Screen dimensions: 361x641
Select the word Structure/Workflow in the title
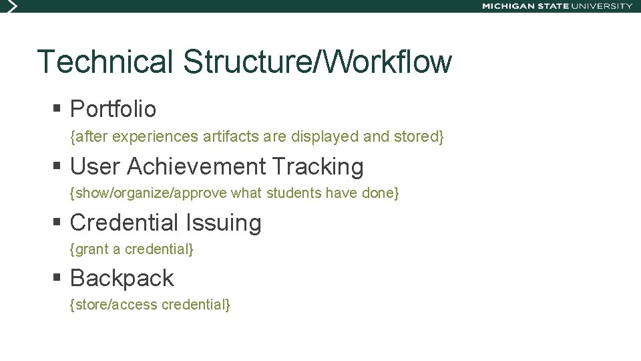[x=317, y=62]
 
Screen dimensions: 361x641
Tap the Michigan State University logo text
[x=557, y=6]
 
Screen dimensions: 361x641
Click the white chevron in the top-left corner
[x=9, y=6]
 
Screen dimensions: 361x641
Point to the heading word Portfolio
[x=113, y=109]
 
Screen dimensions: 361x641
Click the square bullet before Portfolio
[x=57, y=108]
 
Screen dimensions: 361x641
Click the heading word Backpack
[x=122, y=278]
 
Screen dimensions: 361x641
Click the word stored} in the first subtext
[x=418, y=137]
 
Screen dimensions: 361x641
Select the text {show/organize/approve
[x=148, y=194]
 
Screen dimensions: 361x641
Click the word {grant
[x=89, y=249]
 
